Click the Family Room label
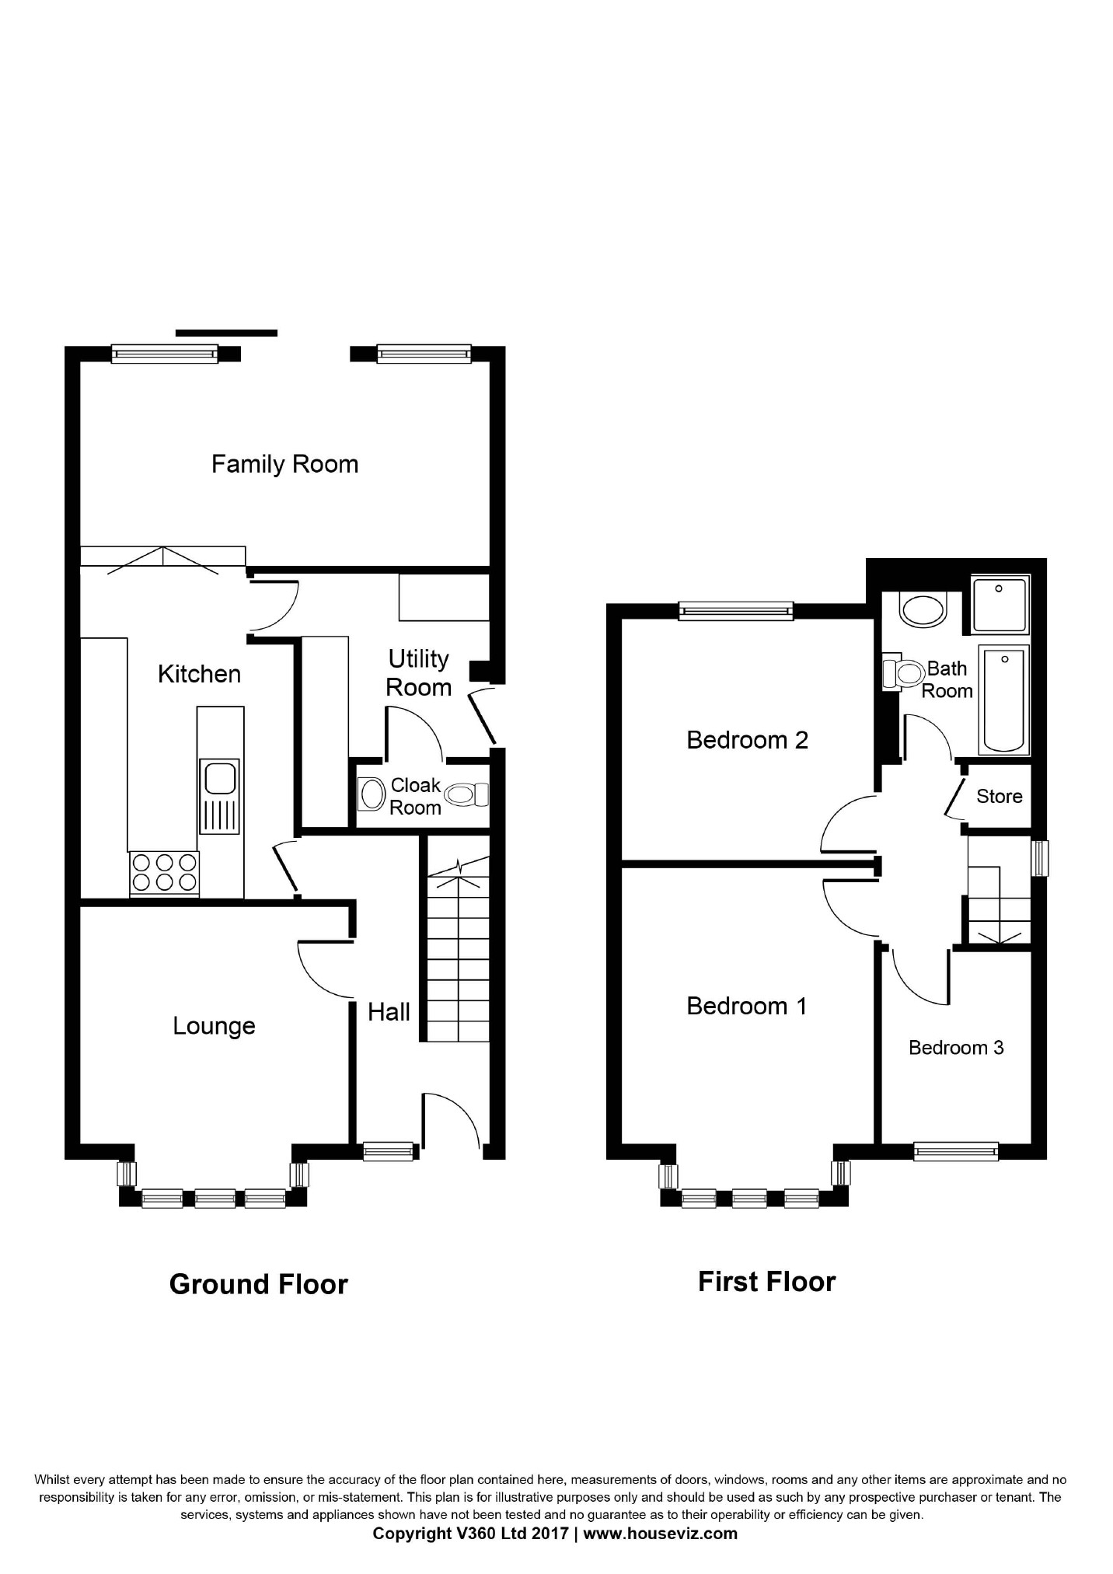pyautogui.click(x=284, y=464)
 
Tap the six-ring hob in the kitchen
pyautogui.click(x=164, y=873)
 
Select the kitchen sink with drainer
pyautogui.click(x=220, y=796)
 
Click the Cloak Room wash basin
pyautogui.click(x=372, y=794)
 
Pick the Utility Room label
pyautogui.click(x=418, y=673)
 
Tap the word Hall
pyautogui.click(x=389, y=1012)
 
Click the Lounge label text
pyautogui.click(x=214, y=1026)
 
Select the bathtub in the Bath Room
pyautogui.click(x=1003, y=700)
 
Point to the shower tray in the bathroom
pyautogui.click(x=1000, y=604)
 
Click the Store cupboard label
pyautogui.click(x=999, y=796)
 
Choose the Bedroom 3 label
pyautogui.click(x=956, y=1048)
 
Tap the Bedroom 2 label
pyautogui.click(x=747, y=739)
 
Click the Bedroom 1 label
pyautogui.click(x=747, y=1006)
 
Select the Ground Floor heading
pyautogui.click(x=258, y=1284)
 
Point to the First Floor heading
pyautogui.click(x=766, y=1282)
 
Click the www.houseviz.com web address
pyautogui.click(x=660, y=1534)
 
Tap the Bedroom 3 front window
pyautogui.click(x=956, y=1151)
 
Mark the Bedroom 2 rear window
pyautogui.click(x=736, y=611)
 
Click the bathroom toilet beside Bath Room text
pyautogui.click(x=903, y=673)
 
